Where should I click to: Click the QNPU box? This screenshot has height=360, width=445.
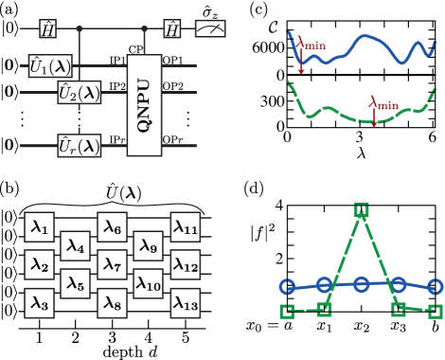(144, 105)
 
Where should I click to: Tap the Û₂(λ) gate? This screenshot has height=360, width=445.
(79, 93)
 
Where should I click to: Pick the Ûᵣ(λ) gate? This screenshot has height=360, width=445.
(79, 145)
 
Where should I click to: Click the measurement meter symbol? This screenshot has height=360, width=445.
(210, 29)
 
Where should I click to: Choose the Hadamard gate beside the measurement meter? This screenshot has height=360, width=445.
(172, 29)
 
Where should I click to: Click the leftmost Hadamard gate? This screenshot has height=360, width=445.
(47, 29)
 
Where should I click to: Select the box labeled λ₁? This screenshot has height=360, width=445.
(38, 228)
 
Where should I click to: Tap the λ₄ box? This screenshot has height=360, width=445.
(75, 246)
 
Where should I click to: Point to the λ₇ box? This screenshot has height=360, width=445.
(111, 264)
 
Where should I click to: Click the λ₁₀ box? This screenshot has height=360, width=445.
(148, 282)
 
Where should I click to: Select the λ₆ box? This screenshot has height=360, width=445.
(111, 228)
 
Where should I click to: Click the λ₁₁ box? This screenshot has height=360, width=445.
(185, 228)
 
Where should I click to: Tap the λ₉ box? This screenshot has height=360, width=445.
(148, 246)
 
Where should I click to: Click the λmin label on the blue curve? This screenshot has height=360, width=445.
(312, 43)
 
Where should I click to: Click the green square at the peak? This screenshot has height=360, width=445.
(361, 209)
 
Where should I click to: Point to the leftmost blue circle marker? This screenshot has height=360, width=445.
(288, 285)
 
